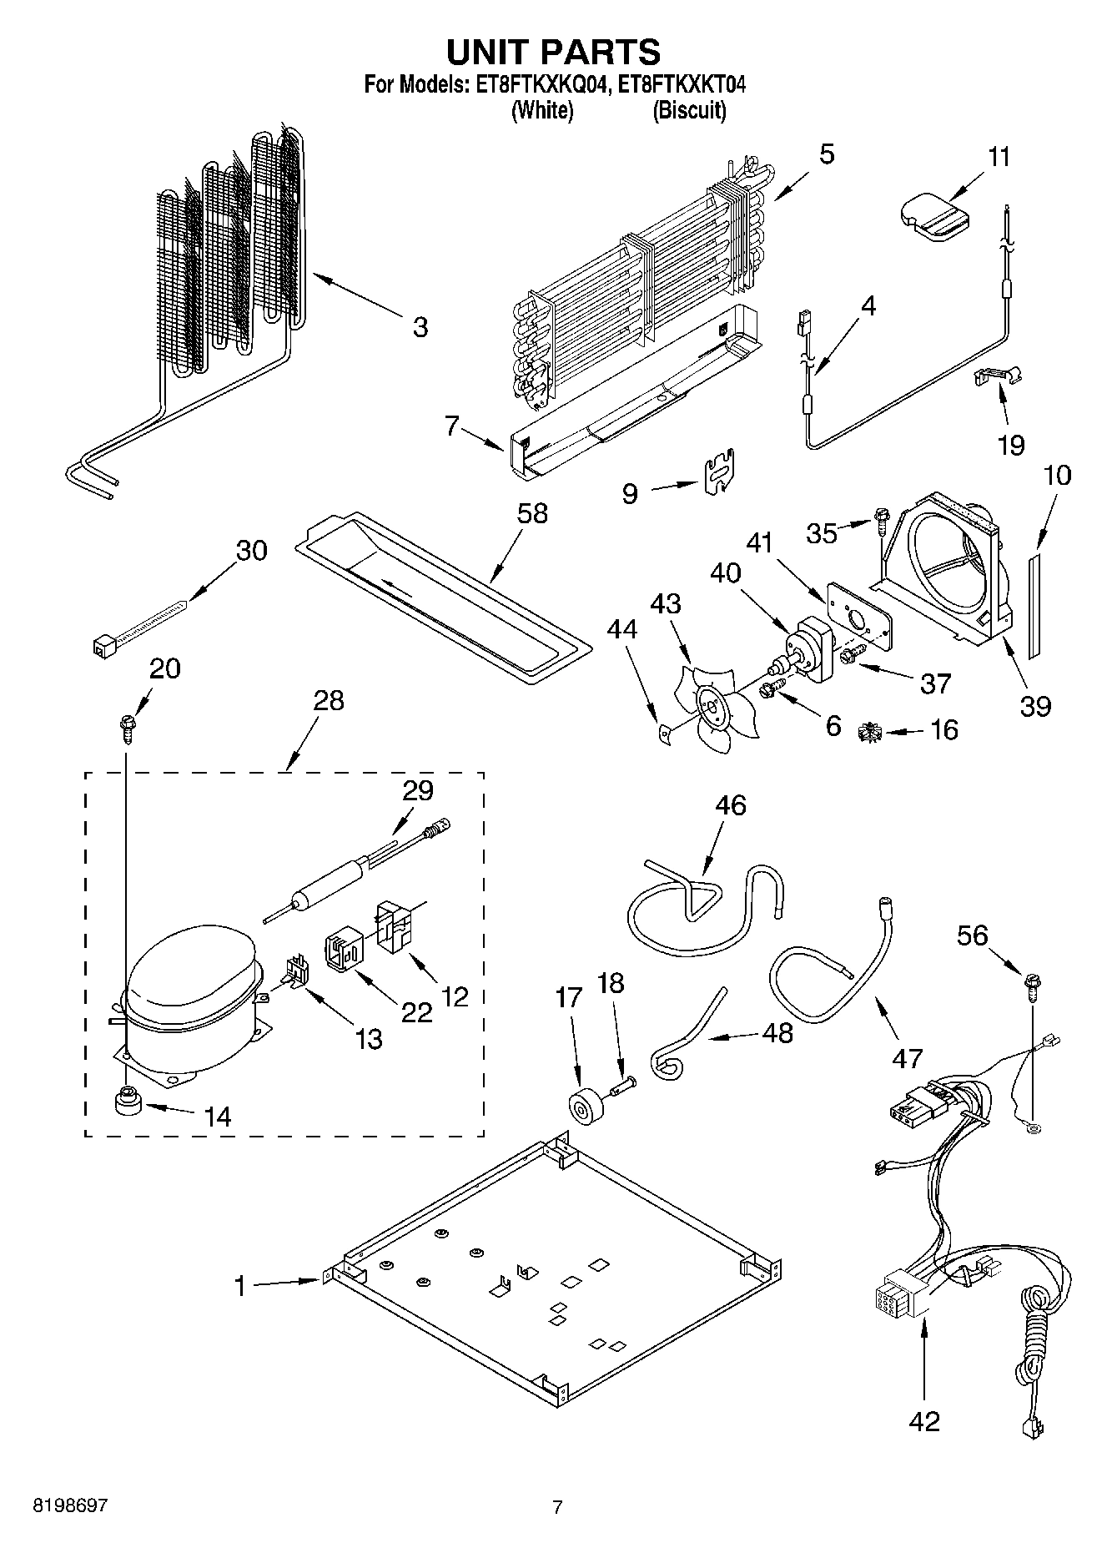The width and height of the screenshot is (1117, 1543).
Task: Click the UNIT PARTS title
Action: tap(553, 52)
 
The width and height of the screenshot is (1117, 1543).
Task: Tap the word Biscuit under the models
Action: tap(688, 110)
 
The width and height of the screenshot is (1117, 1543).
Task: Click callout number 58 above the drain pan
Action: tap(531, 513)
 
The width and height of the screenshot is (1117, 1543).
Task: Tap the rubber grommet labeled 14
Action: tap(128, 1104)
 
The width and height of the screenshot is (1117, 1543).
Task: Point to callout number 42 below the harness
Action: tap(924, 1420)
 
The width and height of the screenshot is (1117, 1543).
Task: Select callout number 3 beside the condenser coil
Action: tap(420, 326)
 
